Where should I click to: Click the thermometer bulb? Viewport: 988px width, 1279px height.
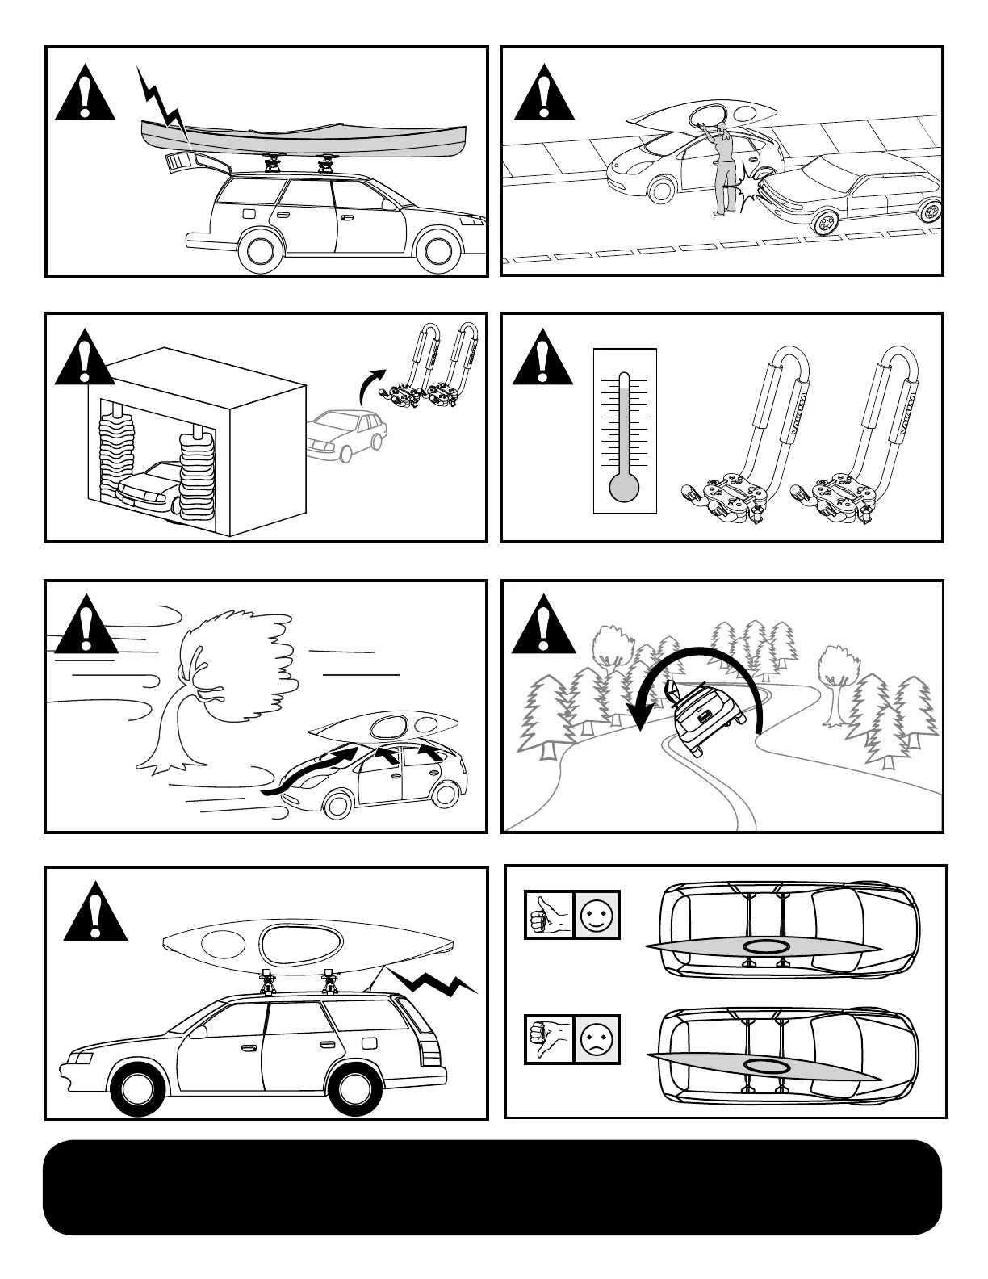click(x=625, y=486)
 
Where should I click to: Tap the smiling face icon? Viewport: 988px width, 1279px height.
click(x=597, y=915)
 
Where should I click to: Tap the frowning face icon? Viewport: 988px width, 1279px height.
click(x=597, y=1038)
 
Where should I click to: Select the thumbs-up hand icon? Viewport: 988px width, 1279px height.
click(x=549, y=915)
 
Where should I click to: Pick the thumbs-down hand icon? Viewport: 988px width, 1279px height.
click(x=549, y=1038)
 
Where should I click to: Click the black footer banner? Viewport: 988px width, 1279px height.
click(x=492, y=1187)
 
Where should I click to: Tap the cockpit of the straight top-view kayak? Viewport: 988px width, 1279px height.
click(x=764, y=946)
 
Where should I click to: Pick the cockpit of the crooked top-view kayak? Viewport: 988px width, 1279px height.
click(x=764, y=1067)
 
